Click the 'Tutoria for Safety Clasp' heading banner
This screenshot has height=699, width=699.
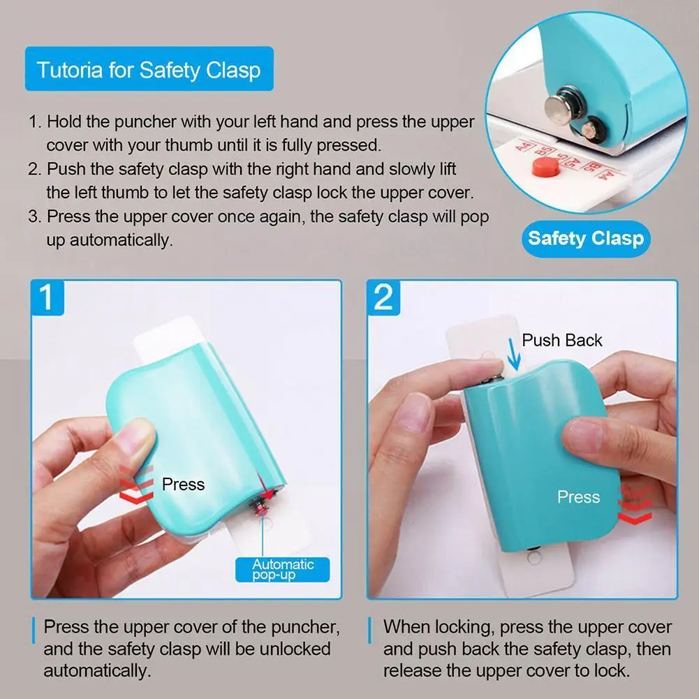149,69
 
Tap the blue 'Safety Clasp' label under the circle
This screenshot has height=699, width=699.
585,239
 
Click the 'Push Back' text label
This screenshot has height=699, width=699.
561,340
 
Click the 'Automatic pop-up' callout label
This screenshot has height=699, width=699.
283,569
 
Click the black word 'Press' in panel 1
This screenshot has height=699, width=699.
183,484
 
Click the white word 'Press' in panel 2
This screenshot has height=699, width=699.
578,497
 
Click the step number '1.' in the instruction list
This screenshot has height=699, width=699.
35,122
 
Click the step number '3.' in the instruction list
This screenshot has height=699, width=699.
35,216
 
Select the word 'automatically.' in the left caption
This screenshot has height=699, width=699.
97,671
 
